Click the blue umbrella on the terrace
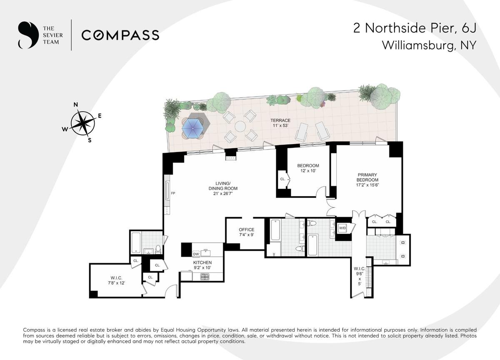192,128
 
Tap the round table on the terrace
240,126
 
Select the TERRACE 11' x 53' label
280,123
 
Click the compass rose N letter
76,105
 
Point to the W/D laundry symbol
342,228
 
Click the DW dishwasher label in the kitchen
196,254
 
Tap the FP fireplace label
173,193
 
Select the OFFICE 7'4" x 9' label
246,232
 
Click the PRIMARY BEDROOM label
367,180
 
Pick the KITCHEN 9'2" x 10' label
202,265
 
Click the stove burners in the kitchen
204,277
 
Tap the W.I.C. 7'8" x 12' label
116,280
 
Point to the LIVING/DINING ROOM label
223,188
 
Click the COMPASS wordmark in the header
120,35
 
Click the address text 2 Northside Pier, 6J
415,28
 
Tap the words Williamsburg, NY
429,45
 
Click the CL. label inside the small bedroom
282,179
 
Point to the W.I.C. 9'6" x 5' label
360,276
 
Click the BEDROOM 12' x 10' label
308,168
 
